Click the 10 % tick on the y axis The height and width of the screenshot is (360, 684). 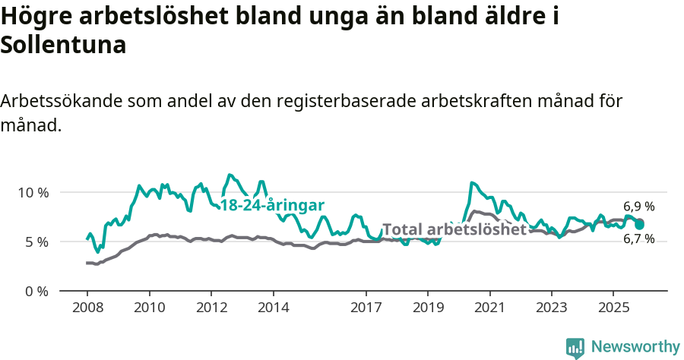click(32, 192)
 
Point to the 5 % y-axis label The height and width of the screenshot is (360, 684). click(35, 242)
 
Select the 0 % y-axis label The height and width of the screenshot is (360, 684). click(35, 291)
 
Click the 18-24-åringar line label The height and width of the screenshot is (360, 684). click(272, 205)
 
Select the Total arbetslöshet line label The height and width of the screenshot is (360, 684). click(454, 229)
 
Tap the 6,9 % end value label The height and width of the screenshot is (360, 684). click(639, 206)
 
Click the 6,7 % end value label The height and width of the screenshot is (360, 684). click(639, 238)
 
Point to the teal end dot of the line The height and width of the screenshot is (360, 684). click(640, 225)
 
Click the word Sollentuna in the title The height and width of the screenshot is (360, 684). click(63, 45)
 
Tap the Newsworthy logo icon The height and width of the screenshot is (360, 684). click(575, 348)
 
